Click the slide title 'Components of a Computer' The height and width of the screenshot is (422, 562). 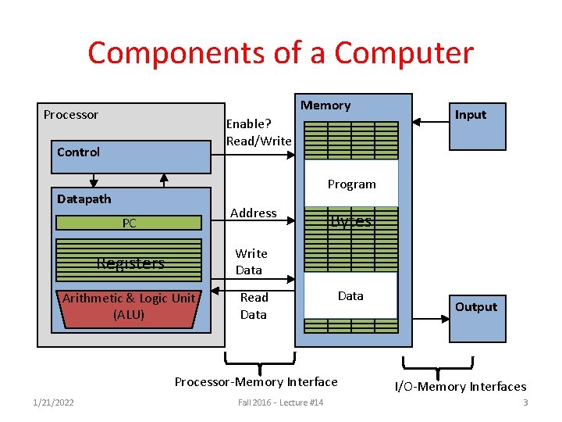(x=280, y=53)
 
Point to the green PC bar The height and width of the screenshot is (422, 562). (x=130, y=223)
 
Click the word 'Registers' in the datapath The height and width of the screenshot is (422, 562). (x=130, y=263)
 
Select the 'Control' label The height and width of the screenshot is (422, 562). (x=79, y=152)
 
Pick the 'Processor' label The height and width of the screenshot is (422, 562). (x=71, y=115)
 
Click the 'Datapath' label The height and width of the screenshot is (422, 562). (x=84, y=199)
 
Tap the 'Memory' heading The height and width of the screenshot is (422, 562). (x=325, y=105)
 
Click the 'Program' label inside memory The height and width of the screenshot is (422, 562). (x=351, y=184)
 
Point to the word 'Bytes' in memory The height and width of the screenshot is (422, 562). (x=350, y=221)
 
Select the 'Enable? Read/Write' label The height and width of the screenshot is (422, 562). (x=258, y=132)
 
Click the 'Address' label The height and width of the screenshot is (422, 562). (x=254, y=213)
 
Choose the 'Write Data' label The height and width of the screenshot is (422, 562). (x=251, y=262)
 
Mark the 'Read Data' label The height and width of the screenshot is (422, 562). (x=254, y=306)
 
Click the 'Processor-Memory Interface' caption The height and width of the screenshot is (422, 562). (x=256, y=382)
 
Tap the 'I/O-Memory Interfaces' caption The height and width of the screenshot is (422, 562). (x=460, y=386)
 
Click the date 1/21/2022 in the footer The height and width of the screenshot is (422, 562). (x=53, y=402)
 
